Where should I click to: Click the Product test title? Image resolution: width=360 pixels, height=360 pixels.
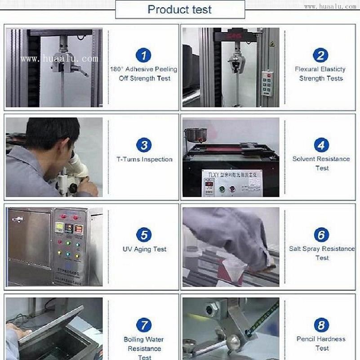click(x=180, y=9)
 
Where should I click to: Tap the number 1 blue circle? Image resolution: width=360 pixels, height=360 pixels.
click(x=143, y=55)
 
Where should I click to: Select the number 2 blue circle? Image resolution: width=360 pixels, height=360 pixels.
click(x=320, y=55)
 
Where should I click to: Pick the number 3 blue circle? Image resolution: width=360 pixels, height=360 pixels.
click(x=143, y=145)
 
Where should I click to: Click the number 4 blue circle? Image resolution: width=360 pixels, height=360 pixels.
click(x=321, y=145)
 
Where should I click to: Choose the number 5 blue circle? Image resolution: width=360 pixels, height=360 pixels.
click(x=143, y=235)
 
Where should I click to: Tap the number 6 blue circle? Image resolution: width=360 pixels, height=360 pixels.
click(x=321, y=235)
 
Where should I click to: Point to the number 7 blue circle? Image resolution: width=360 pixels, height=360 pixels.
click(x=143, y=325)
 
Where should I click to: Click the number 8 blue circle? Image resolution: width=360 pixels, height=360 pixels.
click(x=321, y=325)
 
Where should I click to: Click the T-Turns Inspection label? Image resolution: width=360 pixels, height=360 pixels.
click(x=144, y=159)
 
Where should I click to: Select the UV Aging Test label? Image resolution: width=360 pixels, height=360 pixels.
click(x=144, y=249)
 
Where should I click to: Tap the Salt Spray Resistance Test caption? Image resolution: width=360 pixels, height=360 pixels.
click(x=322, y=253)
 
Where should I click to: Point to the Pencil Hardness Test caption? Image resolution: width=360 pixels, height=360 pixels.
click(x=321, y=343)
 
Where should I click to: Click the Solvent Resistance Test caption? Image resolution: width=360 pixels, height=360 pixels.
click(x=321, y=163)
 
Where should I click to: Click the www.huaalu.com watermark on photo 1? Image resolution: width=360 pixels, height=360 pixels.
click(x=59, y=59)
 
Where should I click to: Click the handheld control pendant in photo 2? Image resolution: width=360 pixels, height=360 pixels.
click(x=268, y=83)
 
